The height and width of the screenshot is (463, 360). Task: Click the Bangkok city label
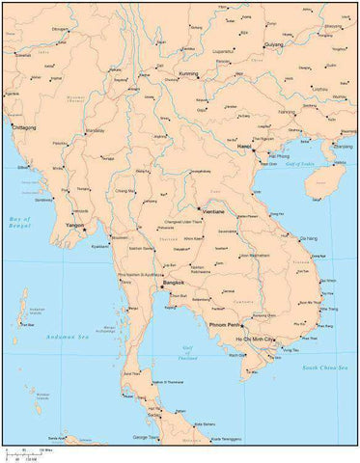click(174, 282)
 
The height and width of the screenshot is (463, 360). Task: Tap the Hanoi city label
click(245, 147)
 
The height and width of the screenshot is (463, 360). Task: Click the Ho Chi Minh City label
click(249, 340)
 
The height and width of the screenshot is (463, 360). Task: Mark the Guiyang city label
click(274, 43)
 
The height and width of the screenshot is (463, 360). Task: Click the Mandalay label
click(95, 129)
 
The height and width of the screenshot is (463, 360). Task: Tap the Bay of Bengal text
click(18, 222)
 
